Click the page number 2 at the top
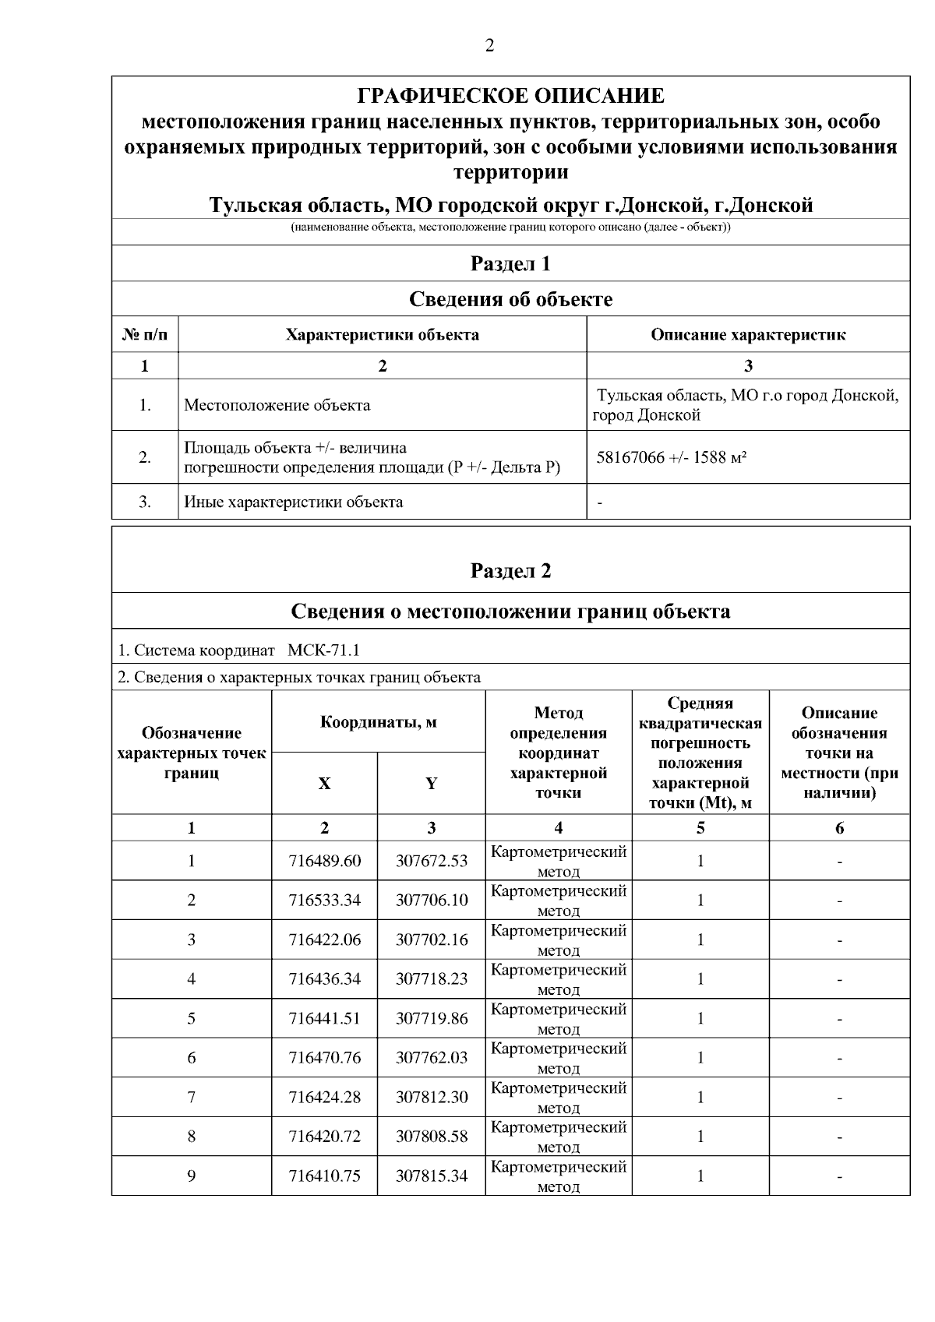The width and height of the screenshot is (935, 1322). [x=489, y=46]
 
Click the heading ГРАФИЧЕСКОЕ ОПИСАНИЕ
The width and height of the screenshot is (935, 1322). [x=510, y=96]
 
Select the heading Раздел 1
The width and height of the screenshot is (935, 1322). [x=510, y=263]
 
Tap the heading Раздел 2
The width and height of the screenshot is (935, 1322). [x=510, y=571]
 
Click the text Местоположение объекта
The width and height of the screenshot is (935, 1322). [x=277, y=405]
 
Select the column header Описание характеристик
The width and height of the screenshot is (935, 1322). [x=748, y=335]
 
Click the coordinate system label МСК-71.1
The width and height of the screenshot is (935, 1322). [x=323, y=650]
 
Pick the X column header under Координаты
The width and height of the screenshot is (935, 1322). [x=324, y=784]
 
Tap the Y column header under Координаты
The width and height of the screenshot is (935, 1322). [x=431, y=784]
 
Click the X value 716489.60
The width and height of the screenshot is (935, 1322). [x=324, y=861]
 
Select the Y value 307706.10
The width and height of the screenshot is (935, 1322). [x=432, y=901]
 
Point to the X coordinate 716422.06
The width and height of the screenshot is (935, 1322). [x=324, y=940]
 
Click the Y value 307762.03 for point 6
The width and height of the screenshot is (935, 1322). [x=432, y=1058]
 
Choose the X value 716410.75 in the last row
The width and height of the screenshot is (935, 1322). [x=324, y=1176]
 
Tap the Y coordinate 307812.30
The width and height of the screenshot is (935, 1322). [x=432, y=1098]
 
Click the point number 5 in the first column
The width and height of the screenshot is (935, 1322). [x=191, y=1019]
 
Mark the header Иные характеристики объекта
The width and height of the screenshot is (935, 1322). [x=293, y=502]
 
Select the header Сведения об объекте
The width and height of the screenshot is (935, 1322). [x=510, y=299]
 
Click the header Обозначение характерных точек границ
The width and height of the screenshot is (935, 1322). [x=191, y=753]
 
